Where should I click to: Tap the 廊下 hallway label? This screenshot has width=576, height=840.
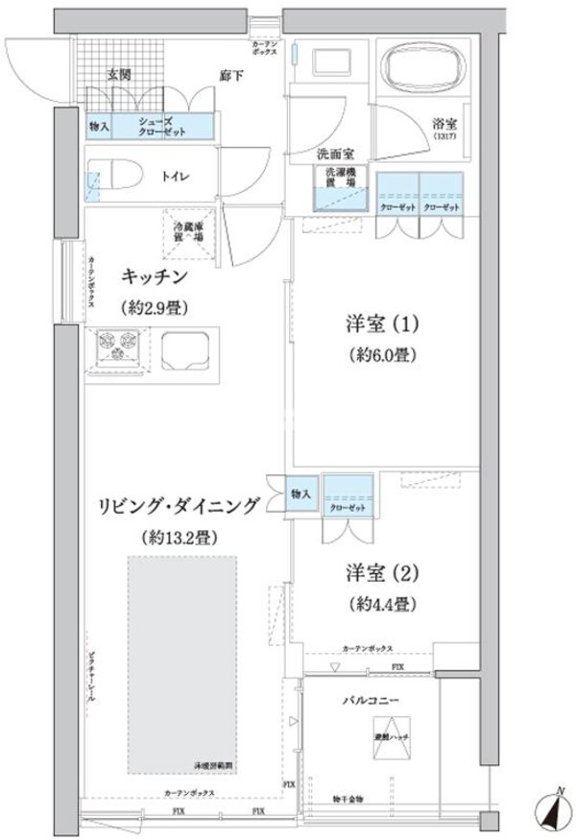click(x=229, y=74)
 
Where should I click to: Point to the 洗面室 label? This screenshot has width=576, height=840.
click(x=337, y=155)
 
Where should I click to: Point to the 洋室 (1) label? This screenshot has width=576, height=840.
click(x=380, y=320)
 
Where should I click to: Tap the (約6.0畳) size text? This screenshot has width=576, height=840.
click(x=381, y=353)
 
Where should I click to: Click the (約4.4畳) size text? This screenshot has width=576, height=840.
click(x=381, y=606)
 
